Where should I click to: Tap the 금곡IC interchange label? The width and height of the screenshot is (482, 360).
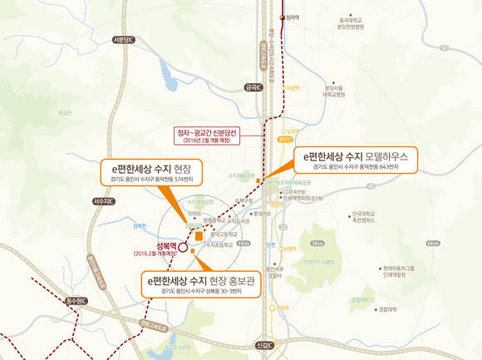pos(252,86)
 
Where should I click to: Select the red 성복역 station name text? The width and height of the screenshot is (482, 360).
pos(165,246)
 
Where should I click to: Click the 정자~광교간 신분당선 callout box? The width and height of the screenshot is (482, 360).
pos(208,136)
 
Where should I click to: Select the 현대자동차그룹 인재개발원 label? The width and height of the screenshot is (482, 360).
pos(398,271)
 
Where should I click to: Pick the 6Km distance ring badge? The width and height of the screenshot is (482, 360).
pos(431,243)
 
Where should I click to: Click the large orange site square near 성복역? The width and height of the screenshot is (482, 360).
pos(199,237)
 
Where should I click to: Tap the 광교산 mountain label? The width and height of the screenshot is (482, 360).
pos(66,112)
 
